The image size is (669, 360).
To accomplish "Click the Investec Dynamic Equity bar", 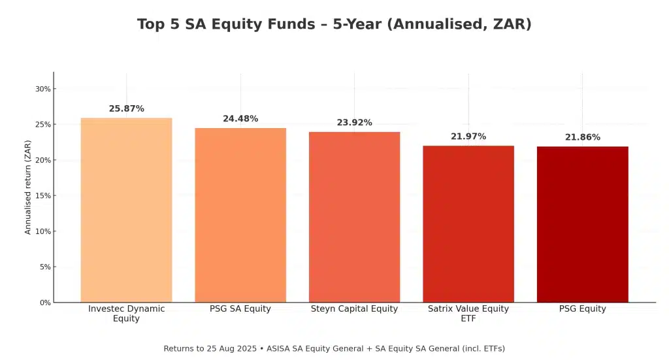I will (x=126, y=210).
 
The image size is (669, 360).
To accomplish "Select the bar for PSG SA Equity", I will (x=240, y=215).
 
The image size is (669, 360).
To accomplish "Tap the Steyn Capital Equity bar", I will (x=354, y=217).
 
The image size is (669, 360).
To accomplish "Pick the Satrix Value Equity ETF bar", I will (x=468, y=223).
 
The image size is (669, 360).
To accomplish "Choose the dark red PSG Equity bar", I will (x=582, y=224).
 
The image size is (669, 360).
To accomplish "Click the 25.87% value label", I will (x=126, y=108).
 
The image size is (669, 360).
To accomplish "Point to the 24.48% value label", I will (x=240, y=119).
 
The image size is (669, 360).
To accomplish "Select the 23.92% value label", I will (x=354, y=123).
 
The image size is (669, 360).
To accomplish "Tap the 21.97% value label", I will (x=468, y=137).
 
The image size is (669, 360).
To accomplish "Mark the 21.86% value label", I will (x=582, y=137).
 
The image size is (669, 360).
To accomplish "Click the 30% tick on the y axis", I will (x=43, y=89).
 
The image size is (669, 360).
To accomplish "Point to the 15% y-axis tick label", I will (x=43, y=196).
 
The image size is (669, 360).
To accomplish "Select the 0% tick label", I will (x=45, y=303).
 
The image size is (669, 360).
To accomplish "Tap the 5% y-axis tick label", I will (x=45, y=267).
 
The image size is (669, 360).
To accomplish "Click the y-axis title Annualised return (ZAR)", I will (x=28, y=187).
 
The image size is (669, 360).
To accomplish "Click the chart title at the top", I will (x=334, y=24).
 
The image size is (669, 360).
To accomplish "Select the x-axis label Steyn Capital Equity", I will (x=354, y=309).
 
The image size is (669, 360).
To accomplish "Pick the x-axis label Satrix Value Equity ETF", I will (x=468, y=314).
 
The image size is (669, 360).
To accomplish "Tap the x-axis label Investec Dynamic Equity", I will (x=126, y=314).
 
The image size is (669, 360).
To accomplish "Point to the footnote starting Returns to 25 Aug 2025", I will (x=334, y=348).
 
